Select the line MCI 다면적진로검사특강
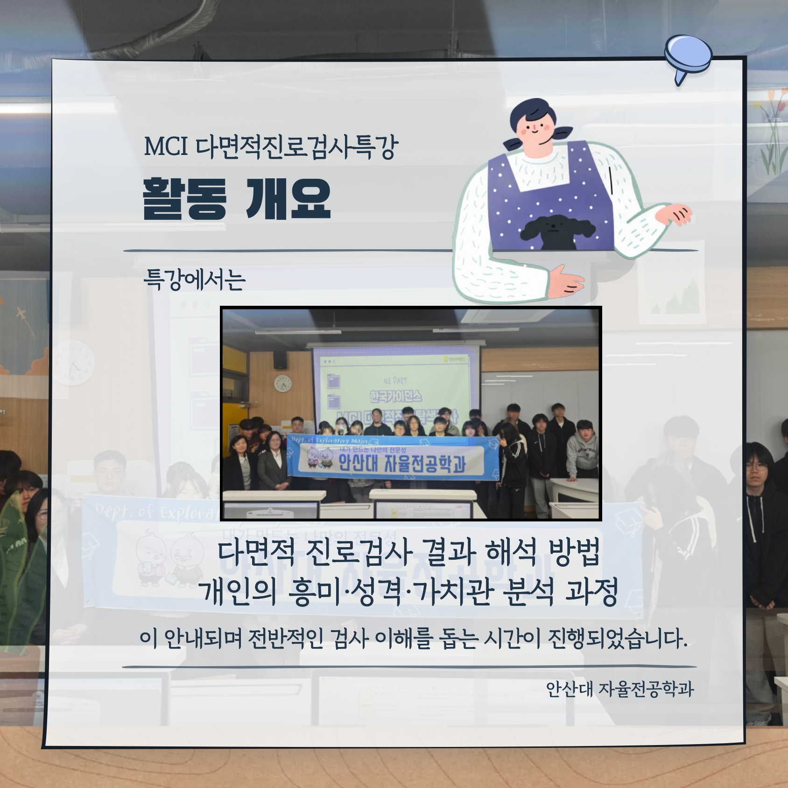pyautogui.click(x=271, y=147)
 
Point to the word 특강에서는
pyautogui.click(x=194, y=280)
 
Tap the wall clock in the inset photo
pyautogui.click(x=282, y=384)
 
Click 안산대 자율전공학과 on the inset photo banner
pyautogui.click(x=401, y=464)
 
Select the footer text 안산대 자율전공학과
pyautogui.click(x=620, y=689)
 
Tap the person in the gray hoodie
pyautogui.click(x=582, y=450)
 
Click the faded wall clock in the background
pyautogui.click(x=73, y=363)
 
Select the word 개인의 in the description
pyautogui.click(x=237, y=592)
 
